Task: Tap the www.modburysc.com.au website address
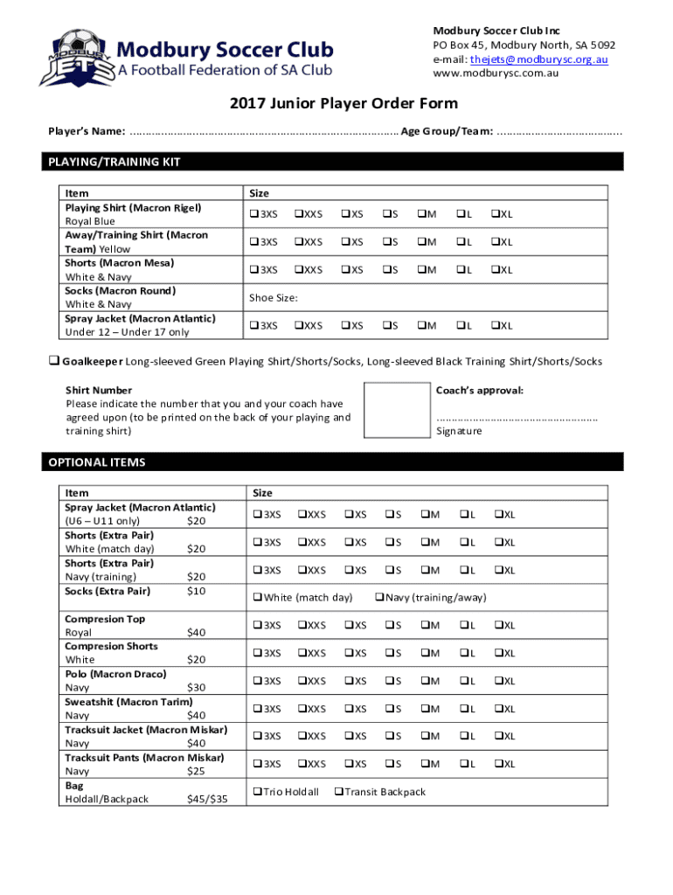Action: (x=496, y=73)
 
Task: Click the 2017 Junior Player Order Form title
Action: (x=343, y=104)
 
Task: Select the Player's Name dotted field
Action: (x=262, y=132)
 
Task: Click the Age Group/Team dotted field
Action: (x=559, y=132)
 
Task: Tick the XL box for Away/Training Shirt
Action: (x=495, y=242)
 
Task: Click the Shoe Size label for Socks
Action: (x=274, y=298)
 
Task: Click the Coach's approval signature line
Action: (x=517, y=418)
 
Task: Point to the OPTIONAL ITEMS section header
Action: (x=97, y=461)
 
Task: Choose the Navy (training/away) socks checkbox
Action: (x=380, y=598)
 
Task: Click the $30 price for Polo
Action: (x=197, y=688)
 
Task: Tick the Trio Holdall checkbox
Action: (x=257, y=792)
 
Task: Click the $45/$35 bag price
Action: (x=207, y=799)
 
